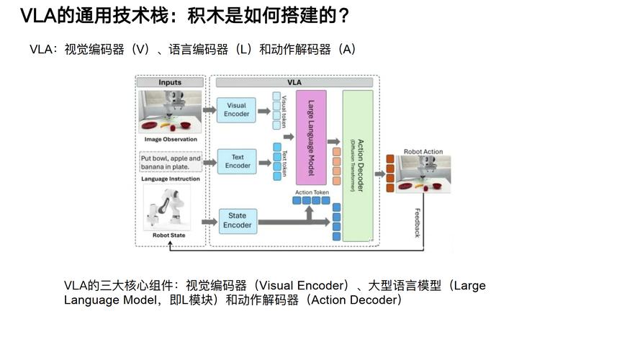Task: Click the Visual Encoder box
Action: tap(237, 109)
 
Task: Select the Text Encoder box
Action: tap(238, 161)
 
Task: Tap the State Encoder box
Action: tap(237, 220)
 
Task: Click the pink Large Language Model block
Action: tap(311, 134)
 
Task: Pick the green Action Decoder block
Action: tap(357, 166)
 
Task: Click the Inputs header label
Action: tap(170, 83)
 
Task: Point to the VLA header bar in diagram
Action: tap(294, 83)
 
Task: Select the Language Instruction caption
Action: tap(170, 179)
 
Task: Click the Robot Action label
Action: tap(423, 152)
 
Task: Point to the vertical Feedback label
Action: tap(417, 223)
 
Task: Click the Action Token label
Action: tap(312, 192)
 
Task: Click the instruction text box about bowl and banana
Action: tap(171, 162)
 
